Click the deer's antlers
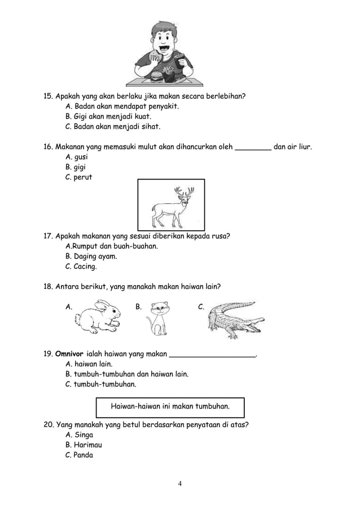tap(184, 194)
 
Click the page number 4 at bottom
tap(179, 484)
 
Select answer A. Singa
tap(80, 435)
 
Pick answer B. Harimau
tap(84, 445)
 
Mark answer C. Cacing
tap(81, 266)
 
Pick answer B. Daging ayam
tap(91, 256)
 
